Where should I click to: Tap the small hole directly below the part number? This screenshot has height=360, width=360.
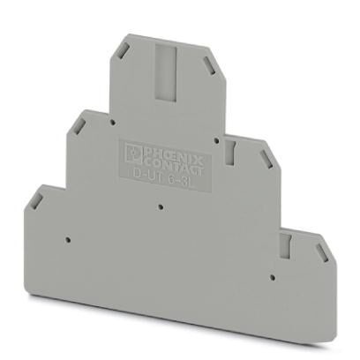(158, 208)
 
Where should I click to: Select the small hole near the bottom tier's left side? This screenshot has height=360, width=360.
(66, 239)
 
